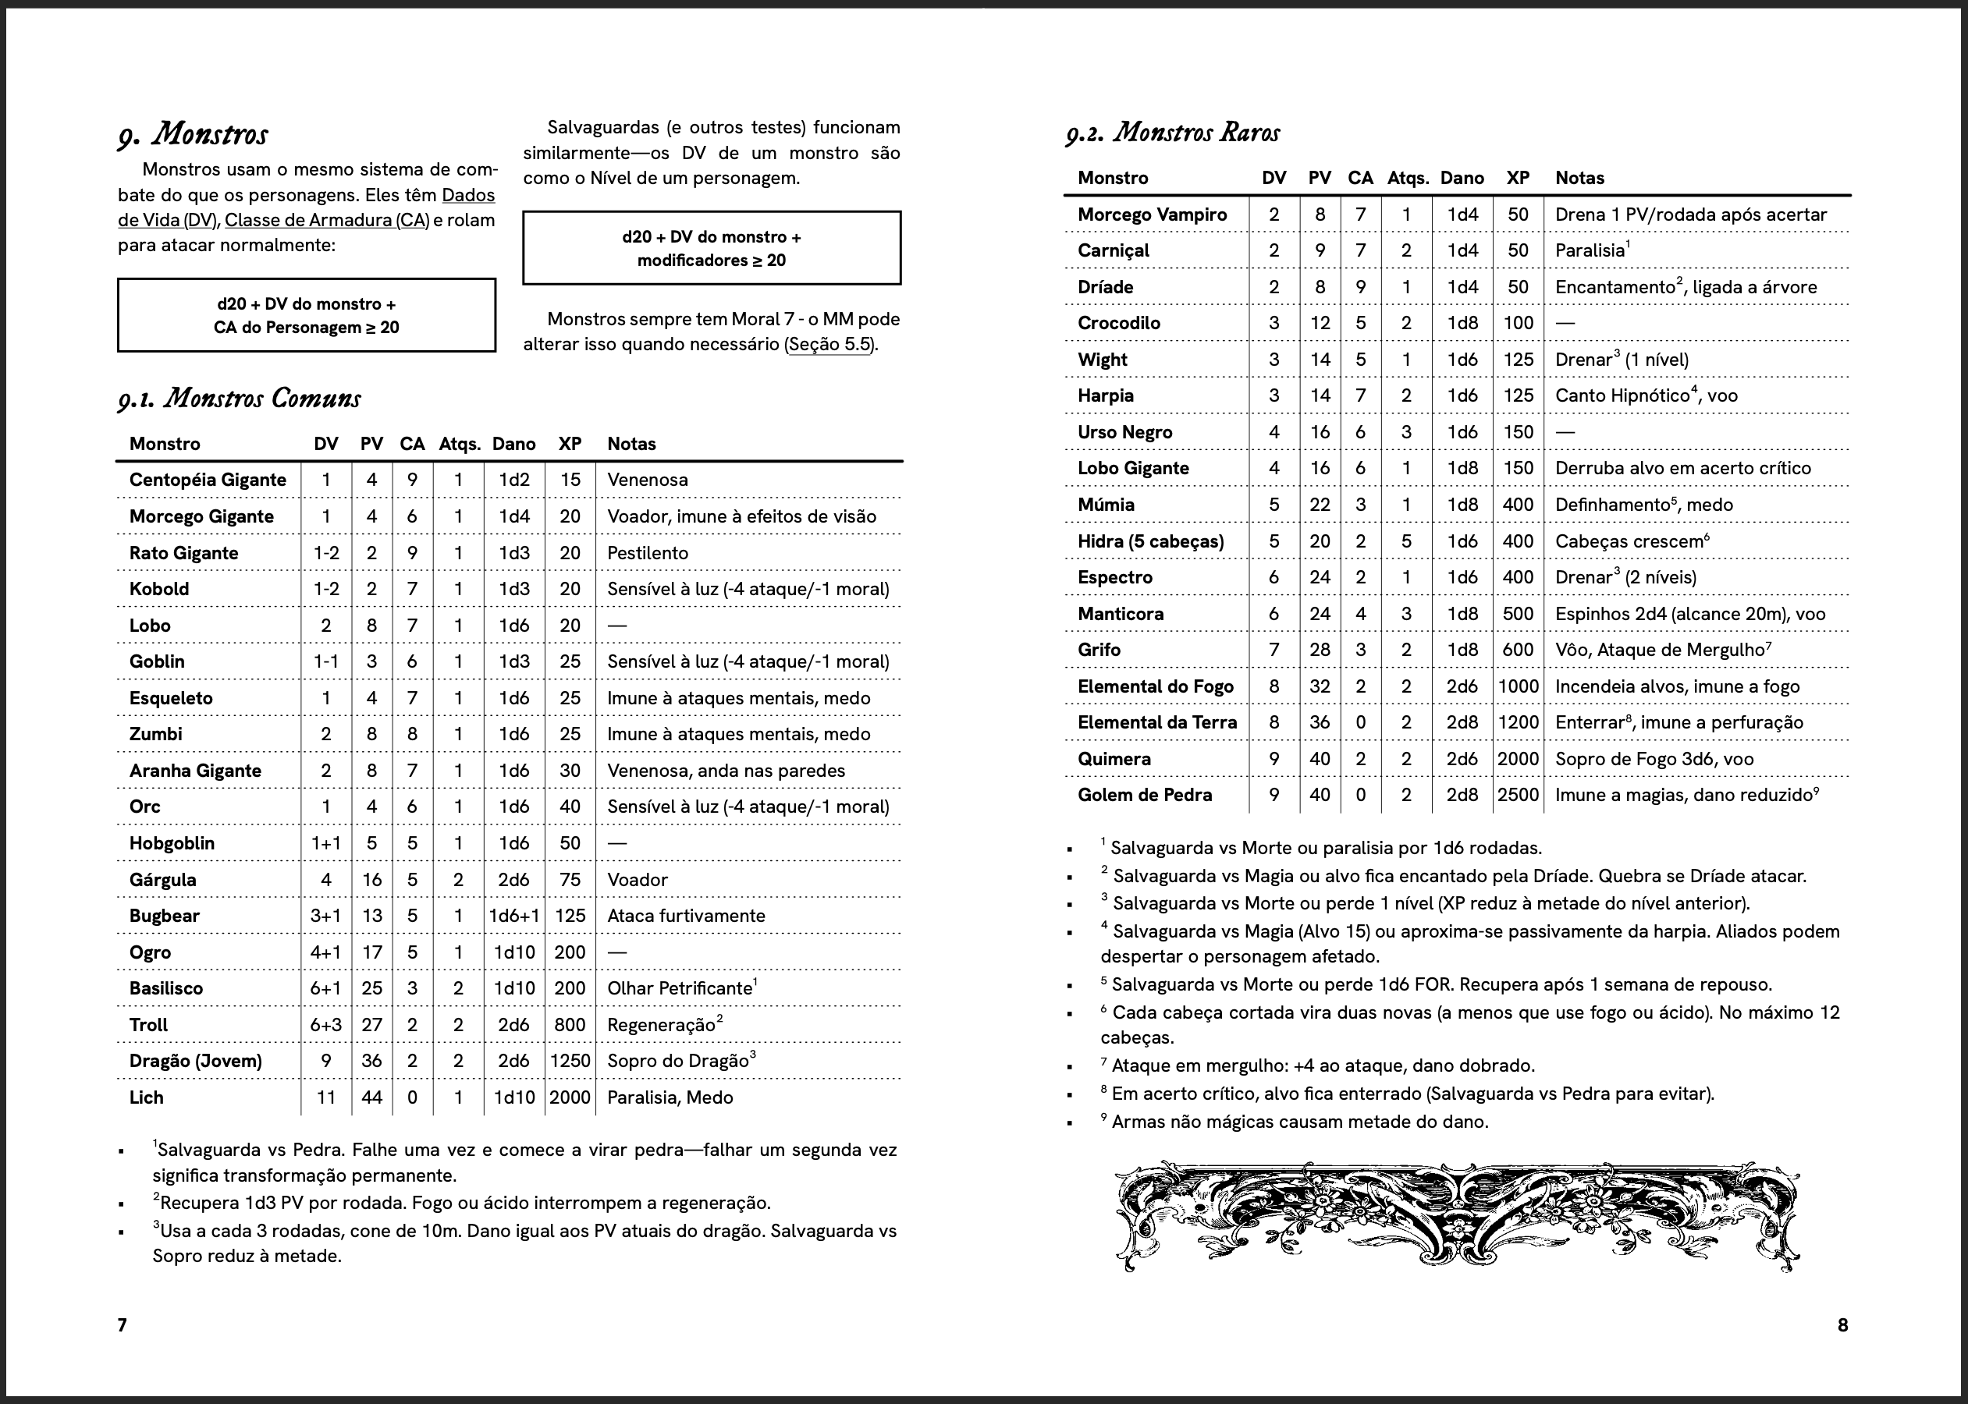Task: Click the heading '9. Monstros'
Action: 193,134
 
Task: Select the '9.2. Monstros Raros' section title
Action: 1173,133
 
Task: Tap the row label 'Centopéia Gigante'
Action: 208,480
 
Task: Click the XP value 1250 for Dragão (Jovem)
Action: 570,1061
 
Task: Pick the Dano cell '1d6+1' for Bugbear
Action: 514,916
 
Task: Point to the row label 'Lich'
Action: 146,1097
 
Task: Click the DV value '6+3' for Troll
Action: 326,1024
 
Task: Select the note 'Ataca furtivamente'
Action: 686,916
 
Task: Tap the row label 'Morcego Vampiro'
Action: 1152,214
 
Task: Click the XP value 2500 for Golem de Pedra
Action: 1518,795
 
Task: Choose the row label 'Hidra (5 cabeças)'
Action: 1150,541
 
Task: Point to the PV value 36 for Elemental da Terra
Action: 1320,721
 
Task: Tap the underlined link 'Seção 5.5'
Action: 829,344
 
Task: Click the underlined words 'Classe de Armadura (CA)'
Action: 327,221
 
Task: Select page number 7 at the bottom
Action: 122,1324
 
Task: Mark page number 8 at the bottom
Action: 1842,1324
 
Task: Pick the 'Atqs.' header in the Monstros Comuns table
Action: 459,444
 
